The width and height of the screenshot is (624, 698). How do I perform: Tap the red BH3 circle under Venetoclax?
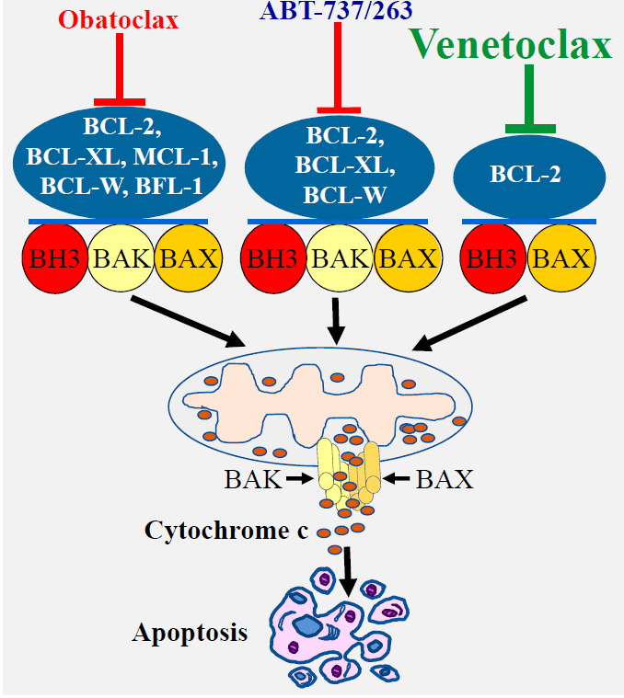click(492, 257)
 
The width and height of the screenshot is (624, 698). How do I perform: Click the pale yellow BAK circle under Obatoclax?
click(120, 257)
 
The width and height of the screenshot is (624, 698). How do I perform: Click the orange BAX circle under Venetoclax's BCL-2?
click(560, 257)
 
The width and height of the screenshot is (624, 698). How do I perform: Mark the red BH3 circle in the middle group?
click(272, 257)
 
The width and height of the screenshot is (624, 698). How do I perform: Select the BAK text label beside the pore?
click(251, 479)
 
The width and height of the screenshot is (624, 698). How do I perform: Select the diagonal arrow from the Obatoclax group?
click(188, 321)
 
